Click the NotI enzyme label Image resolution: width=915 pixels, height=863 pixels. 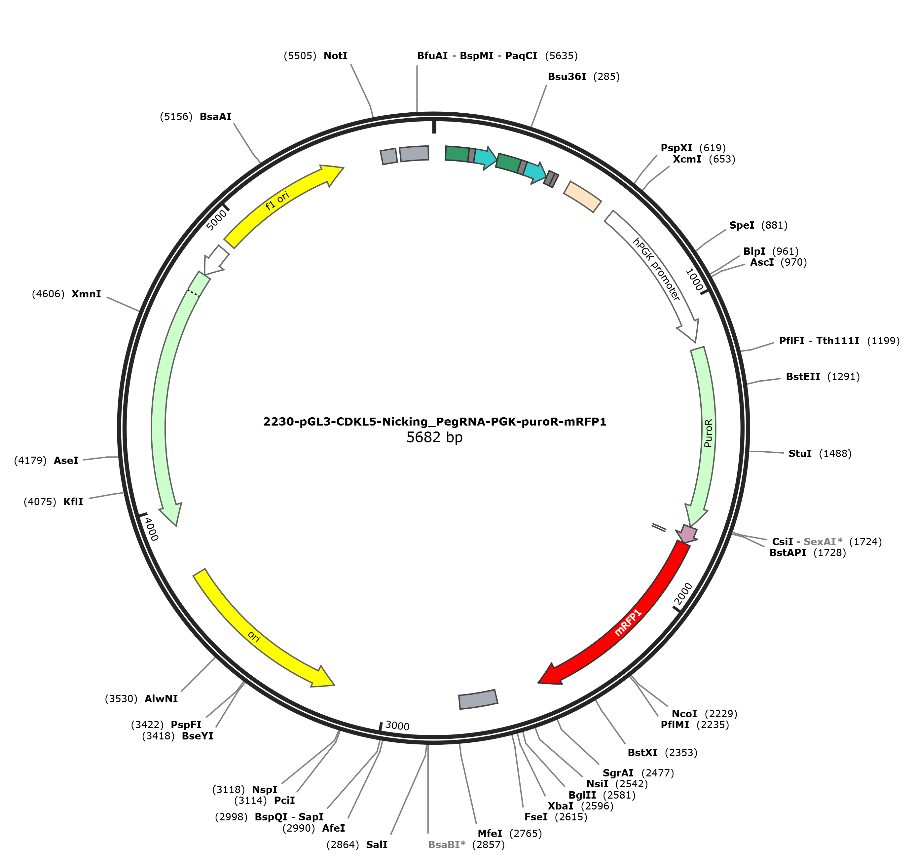click(336, 56)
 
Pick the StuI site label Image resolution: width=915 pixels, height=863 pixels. click(800, 453)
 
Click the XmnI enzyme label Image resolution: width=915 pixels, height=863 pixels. click(86, 294)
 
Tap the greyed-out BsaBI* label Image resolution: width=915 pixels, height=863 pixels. click(447, 844)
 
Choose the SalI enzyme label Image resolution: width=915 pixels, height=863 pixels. click(377, 844)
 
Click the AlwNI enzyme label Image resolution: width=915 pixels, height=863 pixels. click(161, 699)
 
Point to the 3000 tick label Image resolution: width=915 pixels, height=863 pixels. click(397, 725)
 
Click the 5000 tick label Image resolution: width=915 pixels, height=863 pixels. click(216, 219)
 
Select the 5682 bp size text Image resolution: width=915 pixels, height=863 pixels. click(434, 437)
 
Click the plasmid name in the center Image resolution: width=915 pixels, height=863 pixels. click(434, 422)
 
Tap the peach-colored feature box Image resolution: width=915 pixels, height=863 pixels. click(583, 197)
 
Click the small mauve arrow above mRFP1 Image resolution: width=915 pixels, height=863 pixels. click(687, 534)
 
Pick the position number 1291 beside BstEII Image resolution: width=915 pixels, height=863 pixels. click(843, 377)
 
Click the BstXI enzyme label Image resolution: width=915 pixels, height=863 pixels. click(642, 753)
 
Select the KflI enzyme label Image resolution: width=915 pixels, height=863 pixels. click(73, 502)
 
